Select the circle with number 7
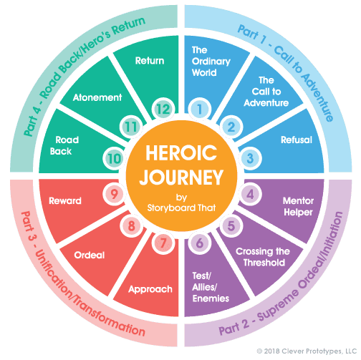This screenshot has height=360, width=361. point(163,242)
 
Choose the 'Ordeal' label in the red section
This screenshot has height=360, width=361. point(91,255)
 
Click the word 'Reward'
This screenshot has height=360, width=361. point(64,201)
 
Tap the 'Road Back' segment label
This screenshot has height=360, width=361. point(62,146)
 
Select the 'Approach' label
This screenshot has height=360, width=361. point(150,289)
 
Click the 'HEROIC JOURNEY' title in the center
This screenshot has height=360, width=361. point(180,165)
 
